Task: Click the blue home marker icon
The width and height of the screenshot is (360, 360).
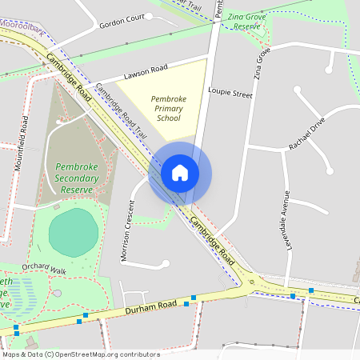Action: click(x=180, y=172)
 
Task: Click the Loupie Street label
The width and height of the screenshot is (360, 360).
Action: click(x=230, y=94)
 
